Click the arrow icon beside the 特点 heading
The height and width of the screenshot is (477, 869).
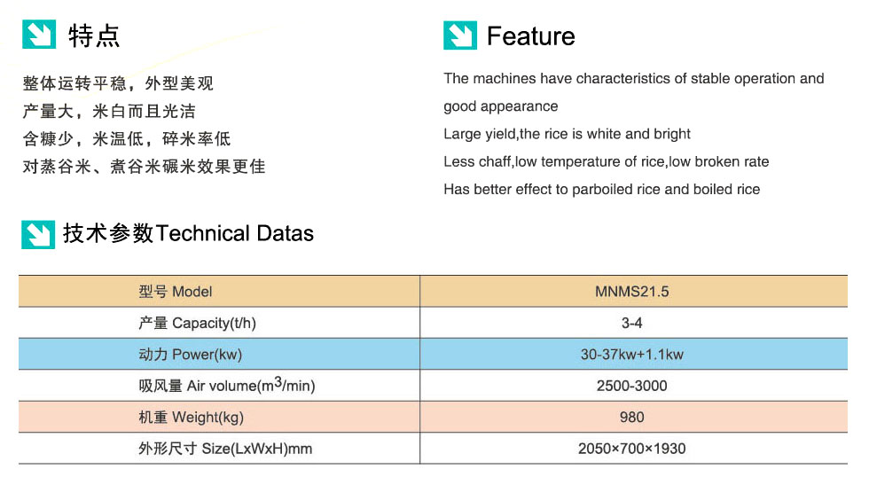click(x=39, y=35)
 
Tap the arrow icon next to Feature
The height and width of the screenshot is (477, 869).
click(x=460, y=35)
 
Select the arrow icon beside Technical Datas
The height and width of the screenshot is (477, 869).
click(x=38, y=234)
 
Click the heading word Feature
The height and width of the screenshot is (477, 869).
click(x=531, y=36)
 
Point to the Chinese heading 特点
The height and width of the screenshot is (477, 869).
click(x=94, y=36)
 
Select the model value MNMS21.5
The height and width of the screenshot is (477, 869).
click(x=631, y=292)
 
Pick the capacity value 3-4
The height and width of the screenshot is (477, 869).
click(x=631, y=323)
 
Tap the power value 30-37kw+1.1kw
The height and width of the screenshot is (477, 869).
click(x=631, y=355)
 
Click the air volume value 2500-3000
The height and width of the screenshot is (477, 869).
click(x=631, y=386)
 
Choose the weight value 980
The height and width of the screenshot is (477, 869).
click(x=631, y=418)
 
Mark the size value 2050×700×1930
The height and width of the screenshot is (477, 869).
click(x=631, y=449)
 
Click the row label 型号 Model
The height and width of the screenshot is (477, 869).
click(x=176, y=292)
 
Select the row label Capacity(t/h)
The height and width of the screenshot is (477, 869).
click(x=214, y=323)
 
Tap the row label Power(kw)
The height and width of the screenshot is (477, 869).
click(x=207, y=355)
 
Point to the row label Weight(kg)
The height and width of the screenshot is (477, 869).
click(x=207, y=418)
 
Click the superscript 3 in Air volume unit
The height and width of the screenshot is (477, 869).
click(x=278, y=381)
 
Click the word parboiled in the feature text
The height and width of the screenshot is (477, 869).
click(x=602, y=190)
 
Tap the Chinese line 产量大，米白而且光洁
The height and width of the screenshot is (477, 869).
click(x=109, y=112)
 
